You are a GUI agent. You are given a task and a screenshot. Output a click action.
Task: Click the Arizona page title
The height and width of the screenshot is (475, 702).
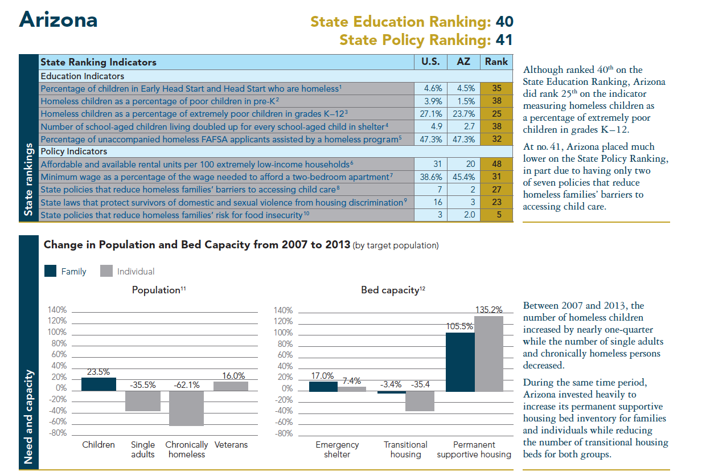[x=58, y=20]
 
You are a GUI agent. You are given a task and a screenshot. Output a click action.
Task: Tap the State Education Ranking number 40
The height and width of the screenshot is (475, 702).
[x=504, y=22]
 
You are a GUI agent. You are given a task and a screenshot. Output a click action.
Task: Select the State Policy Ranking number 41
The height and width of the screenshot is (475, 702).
[x=504, y=40]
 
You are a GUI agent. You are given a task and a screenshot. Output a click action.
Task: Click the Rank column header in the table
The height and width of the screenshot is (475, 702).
[x=496, y=62]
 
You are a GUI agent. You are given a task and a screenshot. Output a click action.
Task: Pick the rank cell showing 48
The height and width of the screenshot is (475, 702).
[x=496, y=164]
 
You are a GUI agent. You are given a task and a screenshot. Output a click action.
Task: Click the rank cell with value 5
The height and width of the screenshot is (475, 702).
[x=496, y=215]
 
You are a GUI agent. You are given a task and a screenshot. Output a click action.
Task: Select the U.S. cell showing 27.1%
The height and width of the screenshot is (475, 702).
[x=431, y=114]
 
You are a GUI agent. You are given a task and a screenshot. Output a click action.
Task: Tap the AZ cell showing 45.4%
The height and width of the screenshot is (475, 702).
[x=463, y=177]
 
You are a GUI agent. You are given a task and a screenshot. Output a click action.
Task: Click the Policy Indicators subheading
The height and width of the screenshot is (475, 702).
[x=73, y=151]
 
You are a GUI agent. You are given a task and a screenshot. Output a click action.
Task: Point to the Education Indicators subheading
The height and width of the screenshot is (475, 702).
[x=82, y=76]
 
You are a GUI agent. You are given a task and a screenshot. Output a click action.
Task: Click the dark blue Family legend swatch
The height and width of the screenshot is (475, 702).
[x=51, y=271]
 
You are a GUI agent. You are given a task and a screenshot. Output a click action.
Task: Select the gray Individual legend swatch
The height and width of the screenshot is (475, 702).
[x=106, y=271]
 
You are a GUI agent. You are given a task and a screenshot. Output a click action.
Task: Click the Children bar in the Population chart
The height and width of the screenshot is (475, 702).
[x=98, y=383]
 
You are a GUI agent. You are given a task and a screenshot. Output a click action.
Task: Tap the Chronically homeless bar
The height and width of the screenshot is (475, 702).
[x=186, y=407]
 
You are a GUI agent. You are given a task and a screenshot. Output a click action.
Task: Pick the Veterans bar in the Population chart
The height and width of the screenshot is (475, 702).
[x=231, y=386]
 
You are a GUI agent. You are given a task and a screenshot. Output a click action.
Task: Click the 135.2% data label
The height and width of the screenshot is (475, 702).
[x=488, y=310]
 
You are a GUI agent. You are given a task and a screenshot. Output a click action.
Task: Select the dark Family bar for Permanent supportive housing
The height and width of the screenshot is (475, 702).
[x=460, y=362]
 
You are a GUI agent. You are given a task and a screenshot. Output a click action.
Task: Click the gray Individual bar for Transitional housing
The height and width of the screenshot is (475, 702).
[x=420, y=401]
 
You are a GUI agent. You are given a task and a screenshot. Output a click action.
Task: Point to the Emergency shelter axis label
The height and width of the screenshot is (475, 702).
[x=337, y=449]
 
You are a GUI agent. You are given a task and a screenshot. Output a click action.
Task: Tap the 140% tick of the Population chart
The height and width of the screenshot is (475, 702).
[x=58, y=310]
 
